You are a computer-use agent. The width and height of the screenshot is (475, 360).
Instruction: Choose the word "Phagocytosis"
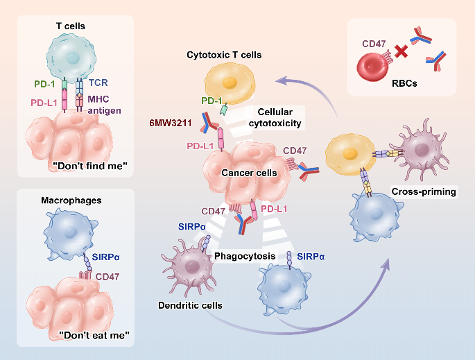241,257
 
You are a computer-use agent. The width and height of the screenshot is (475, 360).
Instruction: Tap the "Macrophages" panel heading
71,200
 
